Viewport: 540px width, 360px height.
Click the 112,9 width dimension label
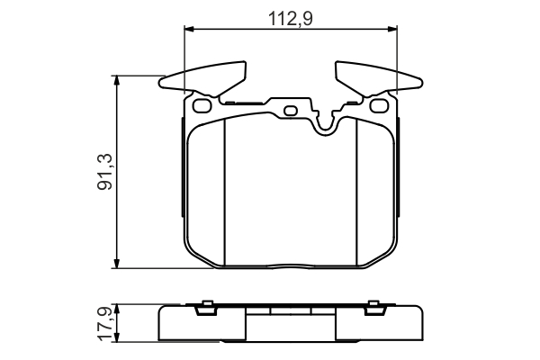pyautogui.click(x=291, y=19)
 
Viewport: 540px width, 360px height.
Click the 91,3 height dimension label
pyautogui.click(x=104, y=172)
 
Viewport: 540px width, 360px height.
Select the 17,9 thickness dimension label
pyautogui.click(x=104, y=323)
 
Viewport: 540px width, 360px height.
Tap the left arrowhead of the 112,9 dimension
pyautogui.click(x=190, y=29)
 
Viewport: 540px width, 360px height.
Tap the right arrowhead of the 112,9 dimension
pyautogui.click(x=392, y=29)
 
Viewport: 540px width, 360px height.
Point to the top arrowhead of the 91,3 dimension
pyautogui.click(x=117, y=81)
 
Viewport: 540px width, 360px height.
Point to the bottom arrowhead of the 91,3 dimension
pyautogui.click(x=117, y=263)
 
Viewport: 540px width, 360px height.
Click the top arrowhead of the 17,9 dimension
pyautogui.click(x=117, y=309)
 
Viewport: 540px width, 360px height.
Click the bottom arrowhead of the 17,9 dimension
pyautogui.click(x=117, y=337)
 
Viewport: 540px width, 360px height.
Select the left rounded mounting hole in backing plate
pyautogui.click(x=202, y=105)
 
